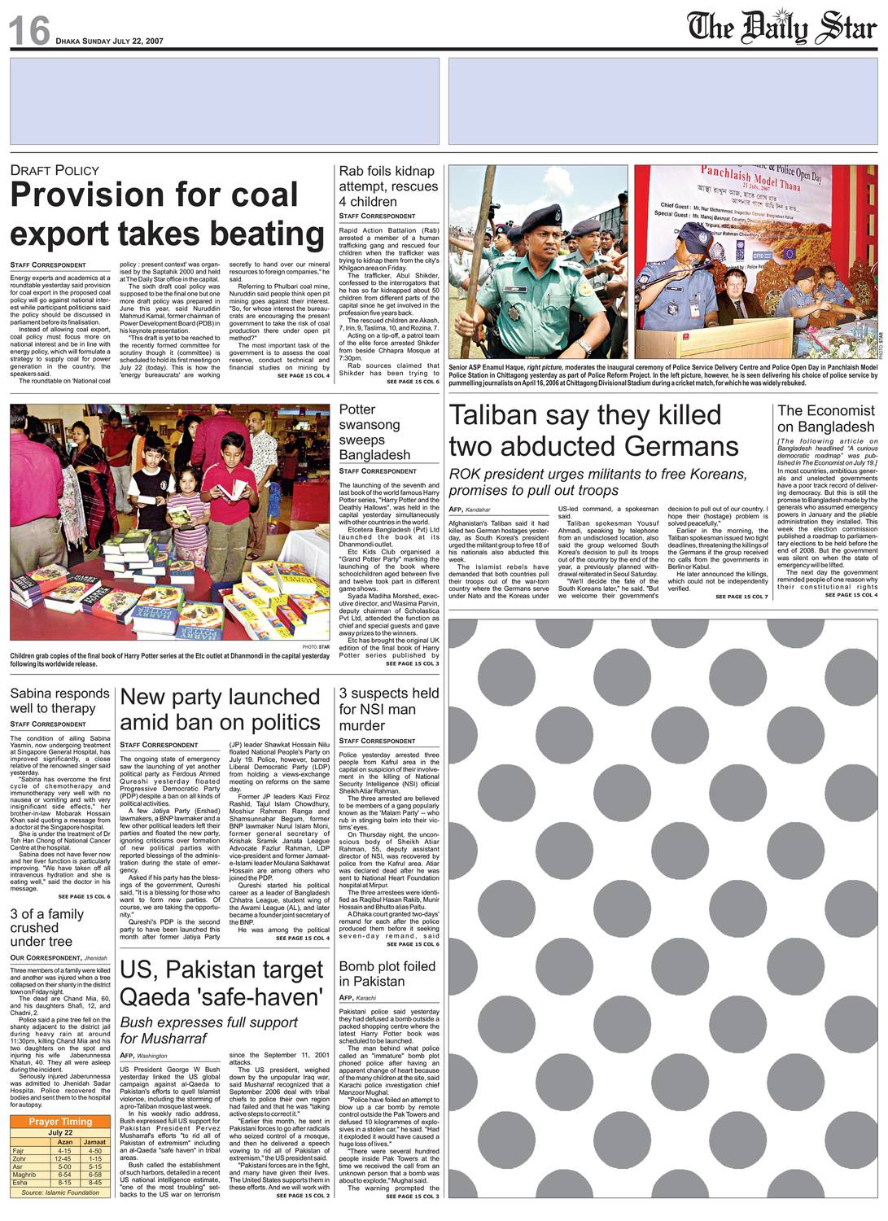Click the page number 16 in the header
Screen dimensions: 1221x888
pos(29,31)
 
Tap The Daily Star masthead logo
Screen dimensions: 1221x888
pos(781,28)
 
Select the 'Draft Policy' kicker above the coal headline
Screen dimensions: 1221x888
pos(55,170)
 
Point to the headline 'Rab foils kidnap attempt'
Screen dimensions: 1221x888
pos(387,186)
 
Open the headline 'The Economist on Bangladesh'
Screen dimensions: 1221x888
pos(826,418)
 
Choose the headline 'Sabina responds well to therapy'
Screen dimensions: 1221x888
pos(59,701)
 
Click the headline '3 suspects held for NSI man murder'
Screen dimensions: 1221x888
pos(388,709)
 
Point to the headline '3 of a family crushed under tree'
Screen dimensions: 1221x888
pos(46,927)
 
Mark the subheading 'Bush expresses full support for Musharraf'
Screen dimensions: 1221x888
pos(209,1030)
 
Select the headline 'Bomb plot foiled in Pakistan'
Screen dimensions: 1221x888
pos(387,974)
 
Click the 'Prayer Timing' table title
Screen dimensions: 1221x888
pos(60,1122)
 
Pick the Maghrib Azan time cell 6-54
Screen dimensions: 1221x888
pos(64,1175)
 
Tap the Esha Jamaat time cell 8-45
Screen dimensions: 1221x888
pos(95,1183)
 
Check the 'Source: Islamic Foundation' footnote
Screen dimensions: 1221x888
pos(60,1193)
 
